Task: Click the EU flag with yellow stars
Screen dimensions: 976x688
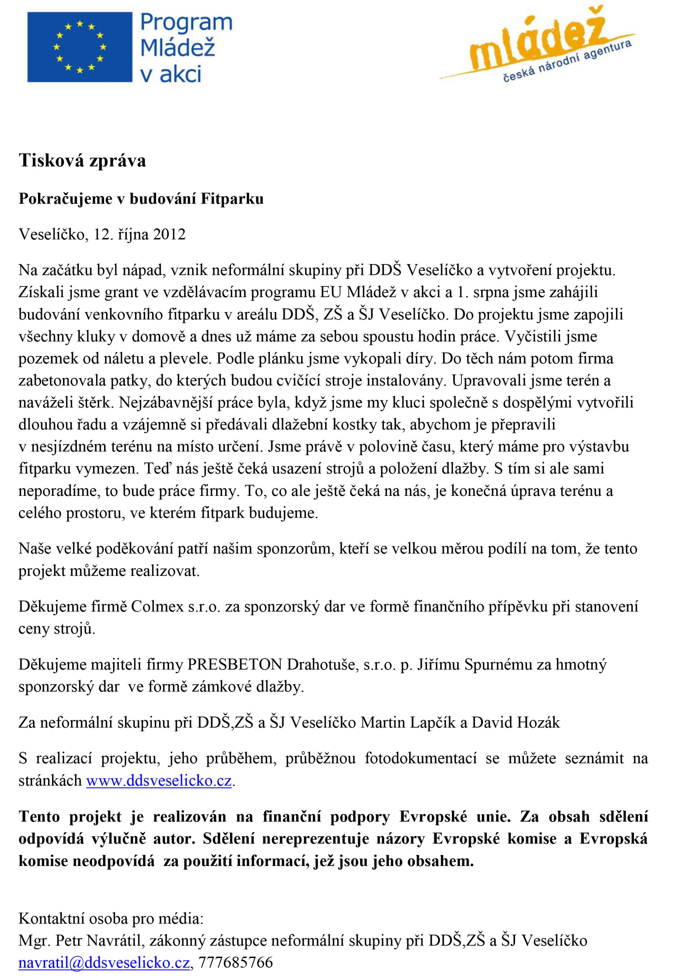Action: point(80,47)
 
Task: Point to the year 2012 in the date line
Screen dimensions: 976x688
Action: point(169,234)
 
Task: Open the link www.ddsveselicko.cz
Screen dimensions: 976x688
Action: point(159,781)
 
